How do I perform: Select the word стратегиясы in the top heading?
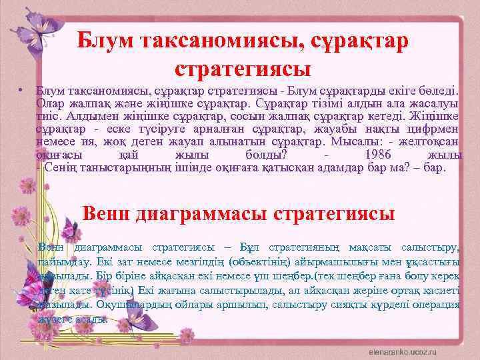[x=243, y=67]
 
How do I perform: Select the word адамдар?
[x=325, y=167]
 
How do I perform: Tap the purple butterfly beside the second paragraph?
[x=30, y=287]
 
